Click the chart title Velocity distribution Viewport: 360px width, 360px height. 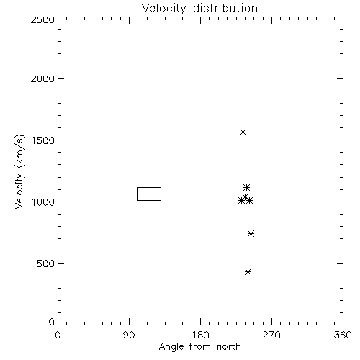pos(199,9)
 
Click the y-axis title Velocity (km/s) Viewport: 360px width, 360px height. pos(19,171)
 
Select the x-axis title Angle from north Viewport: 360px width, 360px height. pos(199,347)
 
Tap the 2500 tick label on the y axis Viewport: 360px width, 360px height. pos(42,19)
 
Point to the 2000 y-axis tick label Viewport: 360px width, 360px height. pos(42,78)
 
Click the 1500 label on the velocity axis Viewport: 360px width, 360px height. pos(43,140)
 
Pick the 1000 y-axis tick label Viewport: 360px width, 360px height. pos(43,202)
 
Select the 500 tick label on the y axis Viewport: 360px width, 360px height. pos(46,264)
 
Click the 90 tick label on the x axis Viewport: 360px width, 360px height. pos(129,335)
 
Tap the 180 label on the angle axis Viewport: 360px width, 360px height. pos(200,335)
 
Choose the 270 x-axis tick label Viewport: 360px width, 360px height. pos(271,335)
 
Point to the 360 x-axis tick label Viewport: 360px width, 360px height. pos(343,335)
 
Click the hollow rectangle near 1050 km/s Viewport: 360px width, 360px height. pos(149,188)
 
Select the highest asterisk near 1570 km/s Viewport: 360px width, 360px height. pos(243,132)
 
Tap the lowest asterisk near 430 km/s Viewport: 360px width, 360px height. pos(248,271)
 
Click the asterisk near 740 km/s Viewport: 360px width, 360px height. pos(251,233)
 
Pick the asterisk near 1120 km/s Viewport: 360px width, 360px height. pos(246,187)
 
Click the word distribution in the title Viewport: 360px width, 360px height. pos(225,9)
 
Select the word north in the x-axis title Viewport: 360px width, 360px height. pos(229,347)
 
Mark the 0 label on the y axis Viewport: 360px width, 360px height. pos(52,322)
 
